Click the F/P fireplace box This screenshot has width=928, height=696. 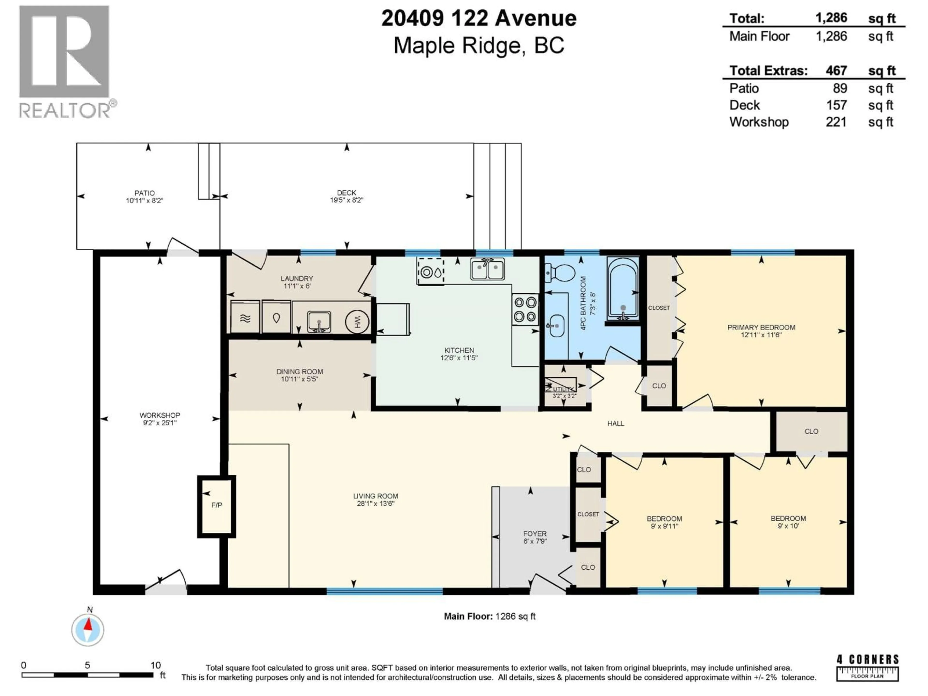217,506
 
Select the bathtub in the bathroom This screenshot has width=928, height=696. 623,290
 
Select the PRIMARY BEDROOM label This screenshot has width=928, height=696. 761,327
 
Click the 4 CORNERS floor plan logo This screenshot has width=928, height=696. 867,668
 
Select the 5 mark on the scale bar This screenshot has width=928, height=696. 87,665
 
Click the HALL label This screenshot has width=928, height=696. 616,424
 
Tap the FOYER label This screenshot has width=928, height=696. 535,534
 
